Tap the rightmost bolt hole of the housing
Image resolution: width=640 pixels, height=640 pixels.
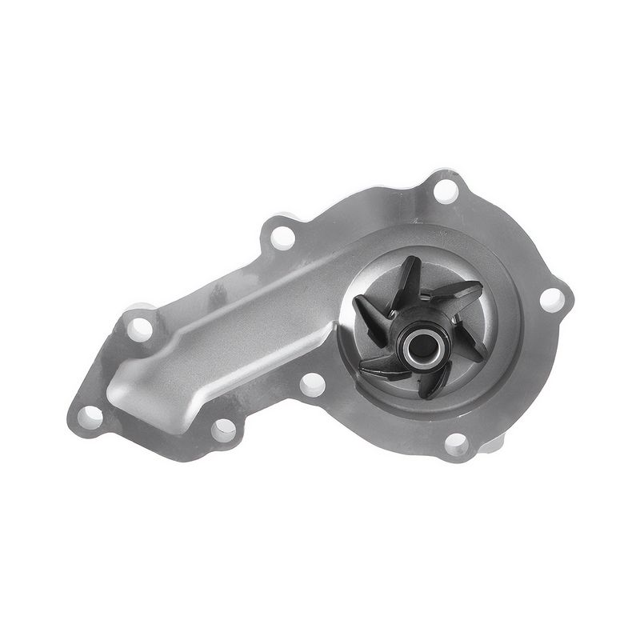[551, 301]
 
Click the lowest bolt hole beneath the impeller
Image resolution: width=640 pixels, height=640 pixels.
[457, 442]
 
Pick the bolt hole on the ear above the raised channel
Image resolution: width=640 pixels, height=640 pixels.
[282, 237]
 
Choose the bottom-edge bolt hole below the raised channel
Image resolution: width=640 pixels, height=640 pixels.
[224, 430]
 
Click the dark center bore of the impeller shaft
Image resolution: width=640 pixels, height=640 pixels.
[421, 346]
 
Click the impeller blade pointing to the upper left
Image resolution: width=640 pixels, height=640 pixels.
[370, 309]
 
